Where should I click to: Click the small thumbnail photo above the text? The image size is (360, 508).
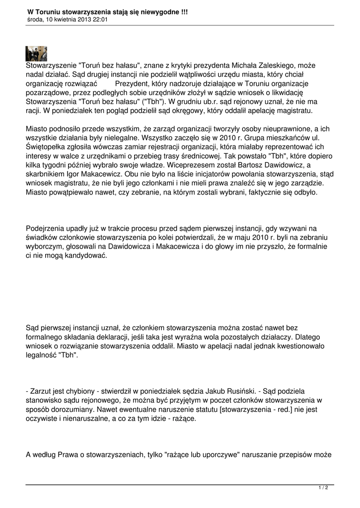36,54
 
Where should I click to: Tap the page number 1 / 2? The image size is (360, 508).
323,488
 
